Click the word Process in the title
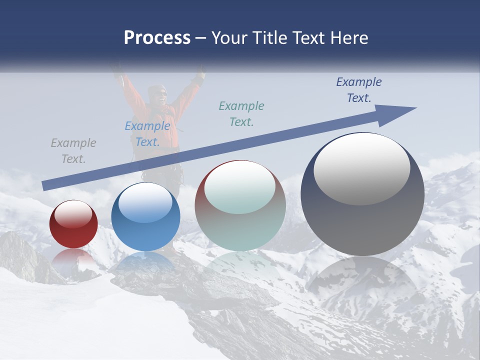pyautogui.click(x=157, y=38)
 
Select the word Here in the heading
pyautogui.click(x=348, y=38)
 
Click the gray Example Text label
pyautogui.click(x=73, y=150)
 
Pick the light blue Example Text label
pyautogui.click(x=147, y=133)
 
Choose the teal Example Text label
pyautogui.click(x=241, y=113)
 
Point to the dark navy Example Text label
pyautogui.click(x=358, y=89)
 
